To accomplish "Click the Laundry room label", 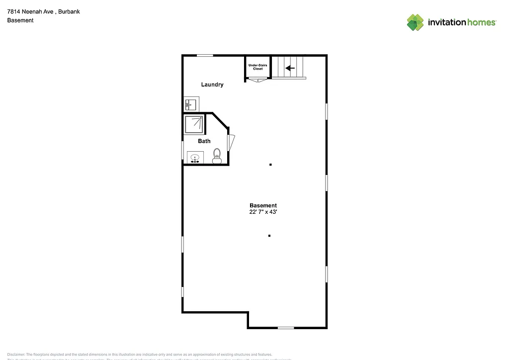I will click(212, 85).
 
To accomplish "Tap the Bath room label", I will click(204, 141).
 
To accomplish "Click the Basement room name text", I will click(263, 205).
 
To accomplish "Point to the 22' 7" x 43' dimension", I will click(263, 212).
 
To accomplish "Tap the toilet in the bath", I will click(217, 156).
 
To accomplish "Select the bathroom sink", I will click(194, 158).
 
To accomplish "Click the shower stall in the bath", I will click(194, 124).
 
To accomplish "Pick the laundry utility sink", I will click(190, 104).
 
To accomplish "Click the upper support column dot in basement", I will click(270, 165).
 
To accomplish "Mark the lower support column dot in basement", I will click(269, 236).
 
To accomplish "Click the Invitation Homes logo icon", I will click(415, 22).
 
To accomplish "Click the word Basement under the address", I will click(20, 20).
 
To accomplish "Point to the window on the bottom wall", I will click(285, 328).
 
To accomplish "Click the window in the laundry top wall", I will click(205, 55).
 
